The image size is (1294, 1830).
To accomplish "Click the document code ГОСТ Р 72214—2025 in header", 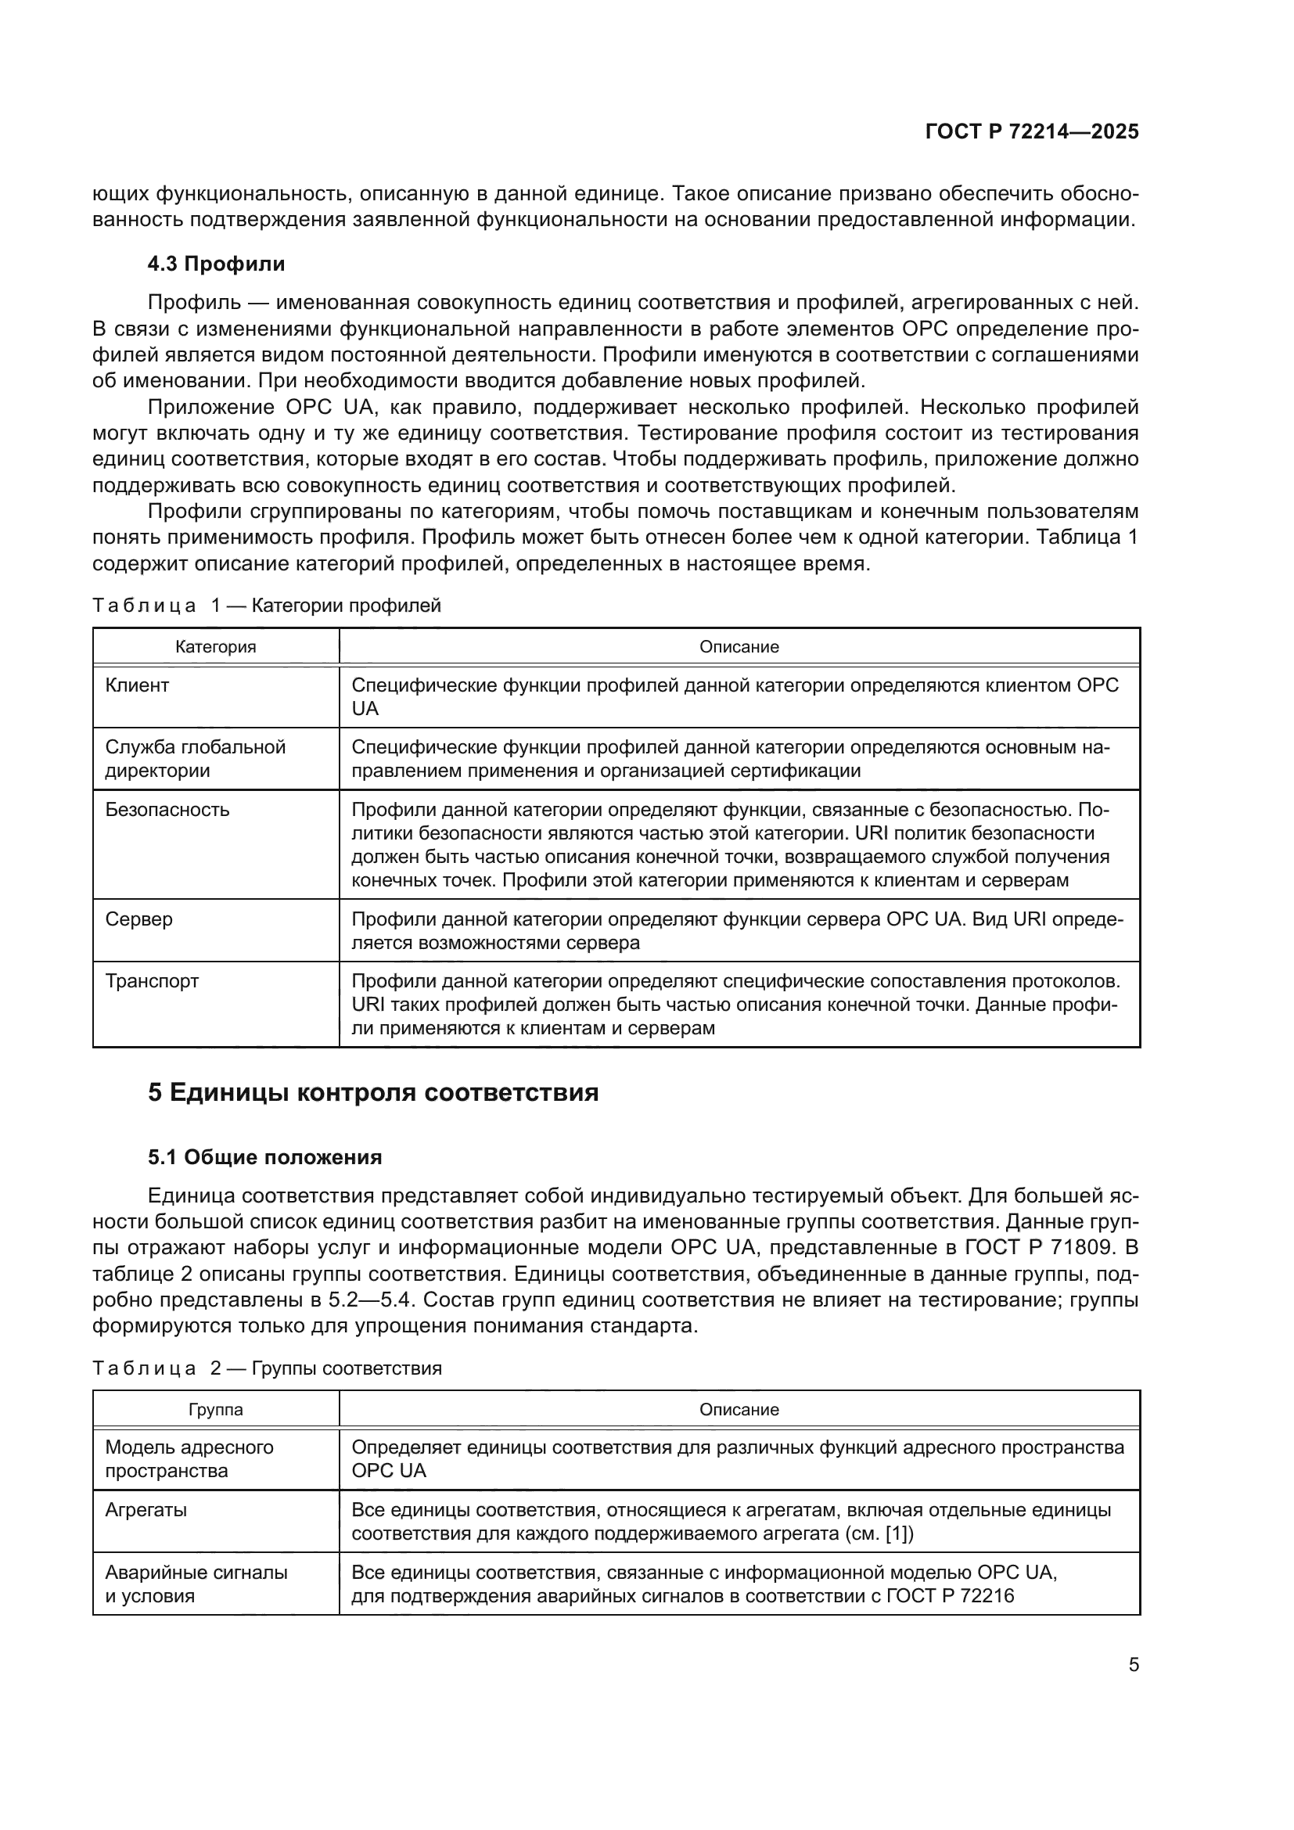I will [1031, 132].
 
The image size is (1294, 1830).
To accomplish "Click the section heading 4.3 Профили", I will [216, 264].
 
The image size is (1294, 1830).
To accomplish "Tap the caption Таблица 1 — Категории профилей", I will [266, 606].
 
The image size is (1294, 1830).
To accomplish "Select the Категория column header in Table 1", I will [215, 647].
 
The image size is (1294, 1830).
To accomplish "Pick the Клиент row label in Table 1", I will [137, 685].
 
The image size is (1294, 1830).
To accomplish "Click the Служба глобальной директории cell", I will [196, 759].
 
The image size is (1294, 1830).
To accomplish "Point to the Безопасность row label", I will [167, 810].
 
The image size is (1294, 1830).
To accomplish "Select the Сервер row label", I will [138, 919].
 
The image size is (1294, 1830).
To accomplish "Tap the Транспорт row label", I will [152, 981].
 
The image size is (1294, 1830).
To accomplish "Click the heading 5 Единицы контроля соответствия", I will [373, 1092].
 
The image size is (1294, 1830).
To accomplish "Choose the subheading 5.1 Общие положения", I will [264, 1157].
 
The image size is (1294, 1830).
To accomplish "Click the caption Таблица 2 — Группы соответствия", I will [266, 1368].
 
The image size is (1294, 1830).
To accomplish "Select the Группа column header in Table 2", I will [215, 1410].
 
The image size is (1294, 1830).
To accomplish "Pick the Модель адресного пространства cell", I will [189, 1458].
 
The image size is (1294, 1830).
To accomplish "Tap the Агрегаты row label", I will [146, 1510].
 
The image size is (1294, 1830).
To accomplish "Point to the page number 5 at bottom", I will [1133, 1665].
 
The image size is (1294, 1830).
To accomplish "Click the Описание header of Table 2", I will [739, 1410].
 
